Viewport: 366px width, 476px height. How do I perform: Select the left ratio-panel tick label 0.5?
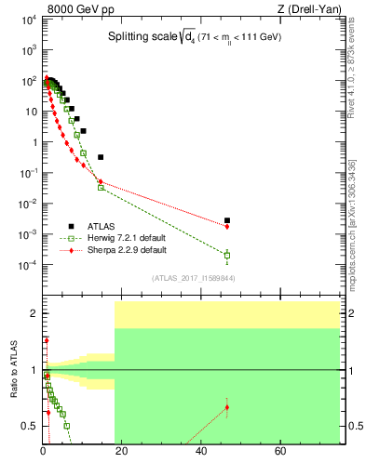click(30, 427)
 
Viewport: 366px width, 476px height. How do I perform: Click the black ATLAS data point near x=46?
click(227, 220)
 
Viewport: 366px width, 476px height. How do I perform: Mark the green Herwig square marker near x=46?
click(227, 255)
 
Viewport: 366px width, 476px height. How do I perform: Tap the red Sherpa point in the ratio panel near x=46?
click(227, 407)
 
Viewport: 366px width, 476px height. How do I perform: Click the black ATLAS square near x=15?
click(101, 157)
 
